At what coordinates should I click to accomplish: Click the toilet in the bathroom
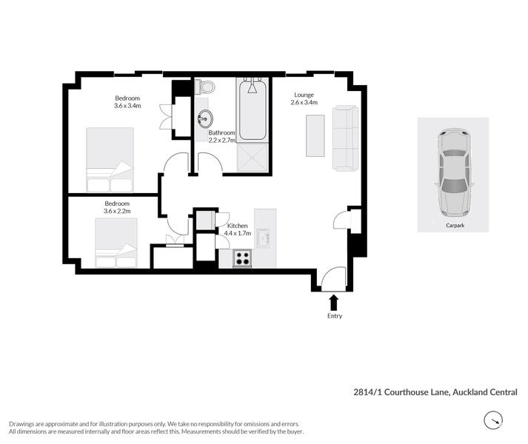coord(205,87)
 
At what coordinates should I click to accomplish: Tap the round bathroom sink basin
coord(205,118)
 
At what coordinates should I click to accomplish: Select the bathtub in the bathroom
coord(253,111)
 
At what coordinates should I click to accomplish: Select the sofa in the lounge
coord(345,138)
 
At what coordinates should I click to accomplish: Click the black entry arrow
coord(333,301)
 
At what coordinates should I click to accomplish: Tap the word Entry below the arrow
coord(333,316)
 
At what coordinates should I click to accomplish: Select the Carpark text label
coord(455,224)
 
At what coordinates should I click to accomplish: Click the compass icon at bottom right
coord(493,422)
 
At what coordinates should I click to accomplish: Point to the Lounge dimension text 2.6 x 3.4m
coord(304,103)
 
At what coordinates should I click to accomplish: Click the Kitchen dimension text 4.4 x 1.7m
coord(238,233)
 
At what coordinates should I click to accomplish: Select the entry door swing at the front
coord(332,279)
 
